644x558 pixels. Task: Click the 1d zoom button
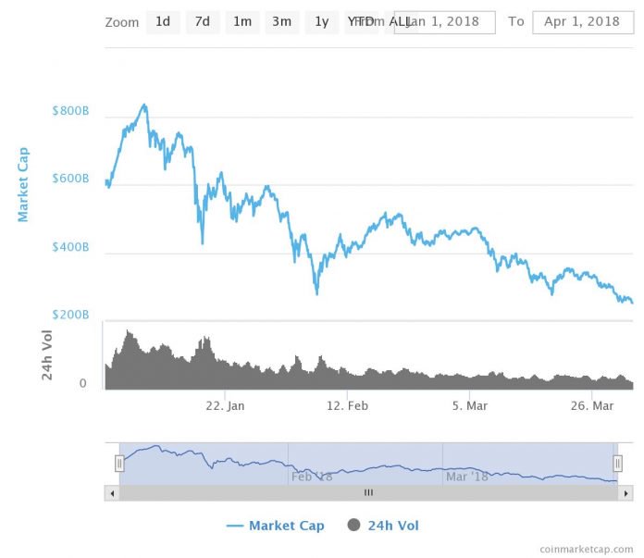[x=163, y=21]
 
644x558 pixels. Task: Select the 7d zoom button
[x=203, y=21]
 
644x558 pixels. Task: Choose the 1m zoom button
[x=242, y=21]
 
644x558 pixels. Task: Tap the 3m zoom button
[x=281, y=21]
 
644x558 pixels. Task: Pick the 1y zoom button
[x=321, y=21]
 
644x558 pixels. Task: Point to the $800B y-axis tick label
[x=70, y=112]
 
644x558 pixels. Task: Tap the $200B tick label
[x=70, y=316]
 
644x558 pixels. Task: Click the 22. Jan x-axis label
[x=225, y=405]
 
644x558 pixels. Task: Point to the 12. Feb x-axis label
[x=347, y=405]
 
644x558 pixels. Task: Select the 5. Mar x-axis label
[x=469, y=405]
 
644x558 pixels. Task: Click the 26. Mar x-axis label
[x=591, y=405]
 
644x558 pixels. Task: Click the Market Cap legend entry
[x=276, y=526]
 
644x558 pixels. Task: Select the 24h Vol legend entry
[x=382, y=526]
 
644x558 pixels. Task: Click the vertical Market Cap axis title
[x=24, y=184]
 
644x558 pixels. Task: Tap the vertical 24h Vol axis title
[x=46, y=354]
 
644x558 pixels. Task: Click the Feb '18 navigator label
[x=312, y=477]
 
